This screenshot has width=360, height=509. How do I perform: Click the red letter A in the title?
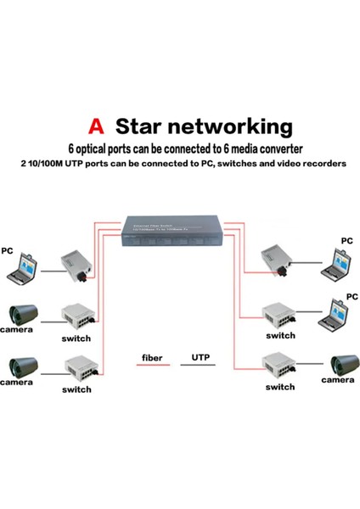98,127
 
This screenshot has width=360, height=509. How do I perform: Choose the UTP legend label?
201,358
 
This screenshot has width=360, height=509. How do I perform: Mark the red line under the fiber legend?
153,366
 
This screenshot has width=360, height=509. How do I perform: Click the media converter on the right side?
278,256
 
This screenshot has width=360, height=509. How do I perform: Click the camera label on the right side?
338,381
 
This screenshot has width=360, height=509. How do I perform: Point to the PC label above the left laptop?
8,252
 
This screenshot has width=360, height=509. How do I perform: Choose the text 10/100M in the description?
39,164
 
